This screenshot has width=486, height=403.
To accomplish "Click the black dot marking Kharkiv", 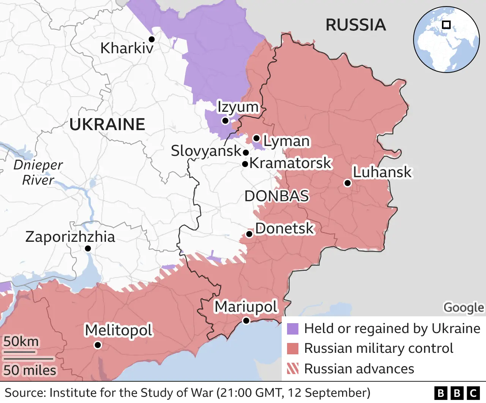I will pyautogui.click(x=151, y=39).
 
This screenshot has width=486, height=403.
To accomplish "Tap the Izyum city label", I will pyautogui.click(x=238, y=107).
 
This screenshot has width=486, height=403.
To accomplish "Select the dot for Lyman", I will pyautogui.click(x=257, y=138).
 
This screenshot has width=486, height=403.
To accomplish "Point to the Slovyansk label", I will pyautogui.click(x=206, y=151).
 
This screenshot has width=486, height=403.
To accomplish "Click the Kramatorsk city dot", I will pyautogui.click(x=245, y=164).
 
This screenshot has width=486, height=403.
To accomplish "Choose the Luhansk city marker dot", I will pyautogui.click(x=347, y=183).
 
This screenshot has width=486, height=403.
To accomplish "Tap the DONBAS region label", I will pyautogui.click(x=276, y=196).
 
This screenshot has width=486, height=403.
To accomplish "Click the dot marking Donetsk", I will pyautogui.click(x=249, y=234).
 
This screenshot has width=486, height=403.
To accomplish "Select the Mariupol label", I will pyautogui.click(x=246, y=306).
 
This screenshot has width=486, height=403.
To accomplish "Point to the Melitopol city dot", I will pyautogui.click(x=98, y=345).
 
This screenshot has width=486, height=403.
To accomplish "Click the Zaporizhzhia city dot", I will pyautogui.click(x=88, y=249).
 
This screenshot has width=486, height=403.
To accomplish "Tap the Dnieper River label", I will pyautogui.click(x=38, y=172).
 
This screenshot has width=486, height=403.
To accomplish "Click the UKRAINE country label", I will pyautogui.click(x=107, y=124).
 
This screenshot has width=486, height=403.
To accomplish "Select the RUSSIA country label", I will pyautogui.click(x=355, y=25).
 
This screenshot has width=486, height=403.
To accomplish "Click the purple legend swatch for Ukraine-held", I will pyautogui.click(x=293, y=328).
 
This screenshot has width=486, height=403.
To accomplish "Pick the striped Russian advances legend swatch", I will pyautogui.click(x=293, y=368).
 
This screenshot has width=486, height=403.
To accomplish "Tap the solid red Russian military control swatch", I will pyautogui.click(x=293, y=348).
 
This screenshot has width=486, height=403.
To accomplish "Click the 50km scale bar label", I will pyautogui.click(x=21, y=341).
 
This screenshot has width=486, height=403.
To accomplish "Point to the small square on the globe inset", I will pyautogui.click(x=447, y=25).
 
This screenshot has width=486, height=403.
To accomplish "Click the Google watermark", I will pyautogui.click(x=464, y=307).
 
